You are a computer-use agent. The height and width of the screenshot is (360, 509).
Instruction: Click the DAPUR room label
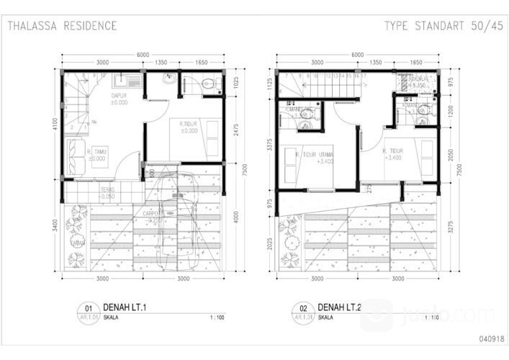pos(119,97)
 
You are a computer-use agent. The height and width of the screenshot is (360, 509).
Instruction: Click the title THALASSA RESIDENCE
pos(62,26)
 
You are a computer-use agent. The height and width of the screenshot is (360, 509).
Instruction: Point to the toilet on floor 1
pos(208,84)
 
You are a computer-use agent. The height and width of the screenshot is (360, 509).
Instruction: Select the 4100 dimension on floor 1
pos(55,124)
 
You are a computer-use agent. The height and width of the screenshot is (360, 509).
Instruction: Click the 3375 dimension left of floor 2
pos(270,145)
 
